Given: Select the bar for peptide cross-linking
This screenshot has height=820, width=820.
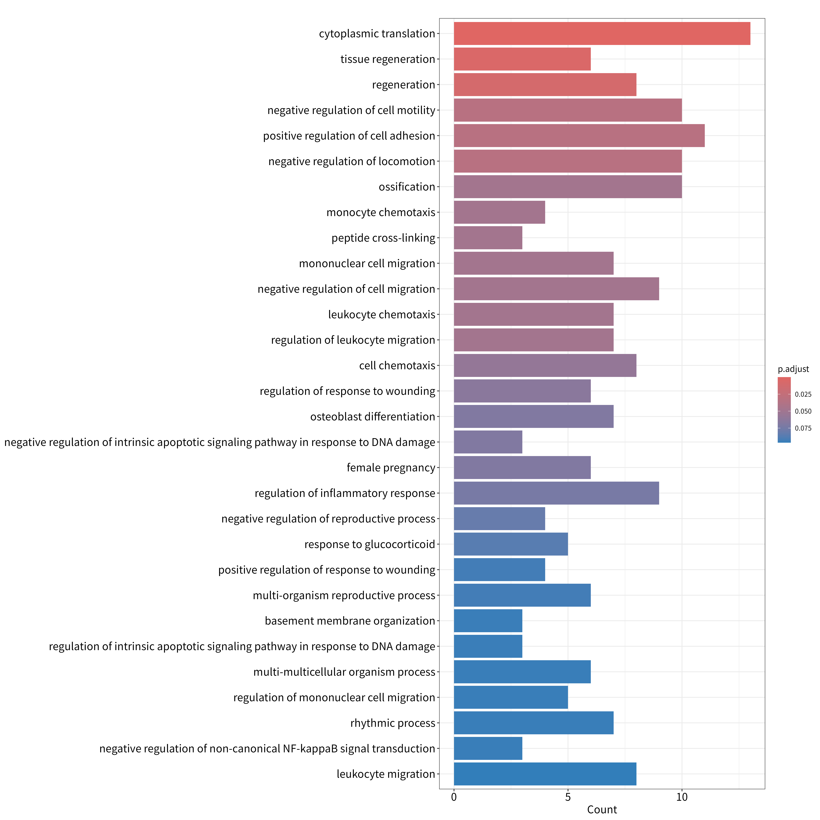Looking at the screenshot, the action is [x=488, y=238].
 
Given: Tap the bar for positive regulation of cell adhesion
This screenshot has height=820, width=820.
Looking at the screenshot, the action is [x=579, y=136].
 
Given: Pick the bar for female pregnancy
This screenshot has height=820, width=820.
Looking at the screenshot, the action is [x=522, y=468].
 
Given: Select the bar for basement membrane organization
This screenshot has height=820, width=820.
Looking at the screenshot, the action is [x=488, y=621].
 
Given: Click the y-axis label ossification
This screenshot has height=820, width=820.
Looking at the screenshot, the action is [x=407, y=187].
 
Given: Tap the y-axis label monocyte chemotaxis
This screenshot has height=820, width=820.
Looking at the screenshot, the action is [x=381, y=212].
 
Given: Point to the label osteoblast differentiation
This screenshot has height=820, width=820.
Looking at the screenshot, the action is [x=373, y=417].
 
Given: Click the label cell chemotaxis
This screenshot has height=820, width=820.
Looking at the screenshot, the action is [x=397, y=365].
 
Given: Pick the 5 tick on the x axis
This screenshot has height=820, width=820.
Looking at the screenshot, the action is [x=568, y=797].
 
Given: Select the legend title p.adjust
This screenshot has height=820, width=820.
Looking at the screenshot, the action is [x=793, y=369].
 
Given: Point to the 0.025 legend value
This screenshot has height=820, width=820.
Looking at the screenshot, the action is [x=803, y=394].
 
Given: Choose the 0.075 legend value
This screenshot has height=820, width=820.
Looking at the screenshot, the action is [x=803, y=428].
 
